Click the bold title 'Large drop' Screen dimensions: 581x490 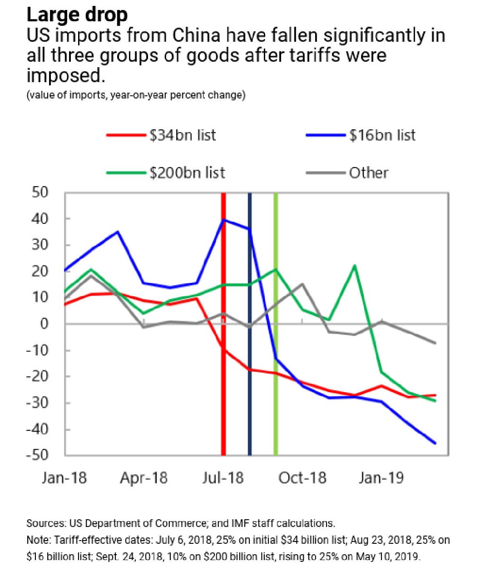(x=77, y=15)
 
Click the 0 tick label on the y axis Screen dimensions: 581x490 (x=44, y=324)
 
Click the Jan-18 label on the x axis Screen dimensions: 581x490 (x=64, y=478)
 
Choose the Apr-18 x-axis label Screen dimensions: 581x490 (x=144, y=478)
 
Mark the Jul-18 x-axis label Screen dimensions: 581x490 (x=223, y=478)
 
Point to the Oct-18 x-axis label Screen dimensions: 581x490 (x=302, y=478)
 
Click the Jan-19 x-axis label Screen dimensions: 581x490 (x=381, y=478)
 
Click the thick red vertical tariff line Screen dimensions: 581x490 (x=223, y=409)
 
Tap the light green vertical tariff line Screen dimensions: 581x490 (x=275, y=409)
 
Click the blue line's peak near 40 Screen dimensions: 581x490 (x=223, y=220)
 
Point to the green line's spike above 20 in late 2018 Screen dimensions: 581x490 (x=355, y=266)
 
